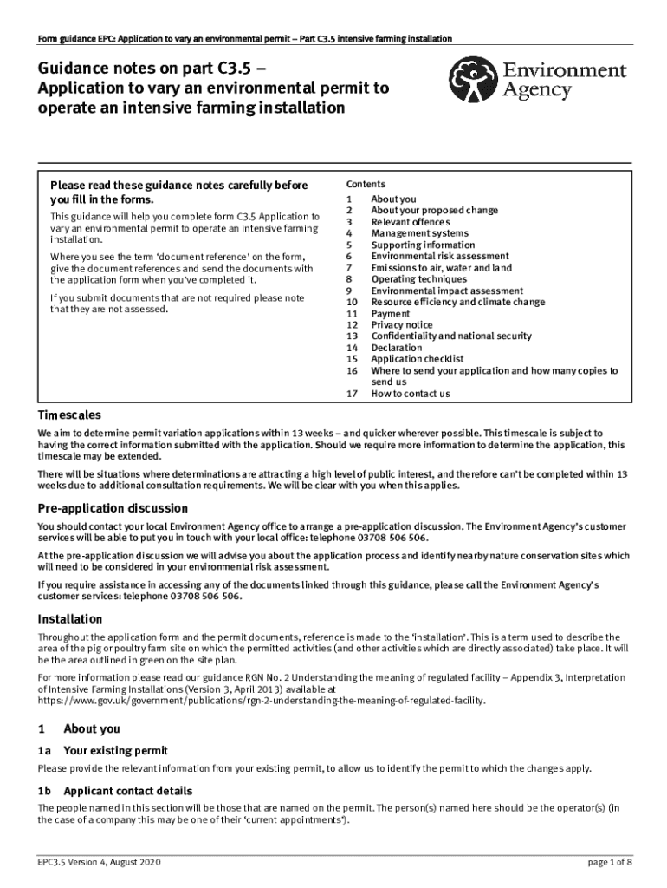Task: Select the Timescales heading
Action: pos(69,415)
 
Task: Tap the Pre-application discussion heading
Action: pos(113,508)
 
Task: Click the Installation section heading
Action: pos(70,619)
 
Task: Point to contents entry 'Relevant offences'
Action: pos(411,222)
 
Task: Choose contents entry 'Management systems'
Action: pos(419,233)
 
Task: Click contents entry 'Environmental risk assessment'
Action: pos(440,257)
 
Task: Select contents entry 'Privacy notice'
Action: pos(401,325)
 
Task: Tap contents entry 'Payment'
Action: pos(391,314)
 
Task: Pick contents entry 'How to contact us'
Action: pos(411,394)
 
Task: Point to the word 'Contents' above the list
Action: pos(366,185)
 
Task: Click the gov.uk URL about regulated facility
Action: pos(262,700)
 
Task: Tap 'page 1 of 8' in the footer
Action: pos(610,863)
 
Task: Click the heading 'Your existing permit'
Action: pos(116,750)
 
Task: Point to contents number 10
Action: pos(352,303)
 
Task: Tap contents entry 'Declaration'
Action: pos(397,348)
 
